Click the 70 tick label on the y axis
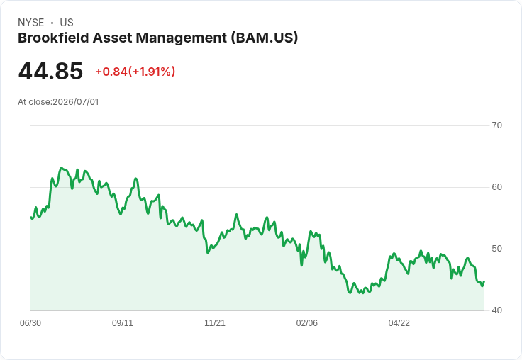point(496,125)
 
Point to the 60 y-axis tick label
point(496,187)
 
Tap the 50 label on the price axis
point(496,249)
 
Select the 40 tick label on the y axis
point(496,310)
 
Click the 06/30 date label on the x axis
point(30,322)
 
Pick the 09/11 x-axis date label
point(123,322)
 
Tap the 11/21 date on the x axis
point(215,322)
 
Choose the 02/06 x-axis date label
point(307,322)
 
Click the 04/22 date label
point(399,322)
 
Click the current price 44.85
point(50,71)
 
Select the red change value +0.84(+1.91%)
point(135,72)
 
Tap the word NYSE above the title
point(31,23)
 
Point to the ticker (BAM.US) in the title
point(265,38)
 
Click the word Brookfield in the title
point(53,38)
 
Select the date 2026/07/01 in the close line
point(76,102)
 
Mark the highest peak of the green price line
point(61,168)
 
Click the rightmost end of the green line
point(484,282)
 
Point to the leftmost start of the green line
point(30,218)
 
